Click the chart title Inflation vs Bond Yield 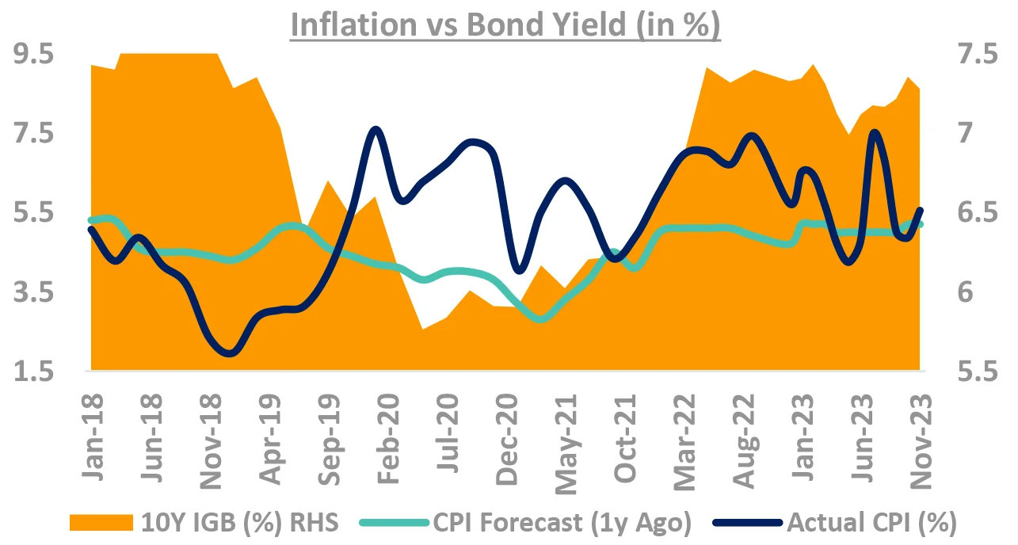(x=505, y=26)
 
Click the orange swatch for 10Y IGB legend (x=101, y=522)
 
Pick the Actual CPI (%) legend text (x=871, y=522)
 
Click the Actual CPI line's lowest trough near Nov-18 (x=230, y=353)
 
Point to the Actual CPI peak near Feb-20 (x=376, y=128)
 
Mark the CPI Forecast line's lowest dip (x=542, y=318)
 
